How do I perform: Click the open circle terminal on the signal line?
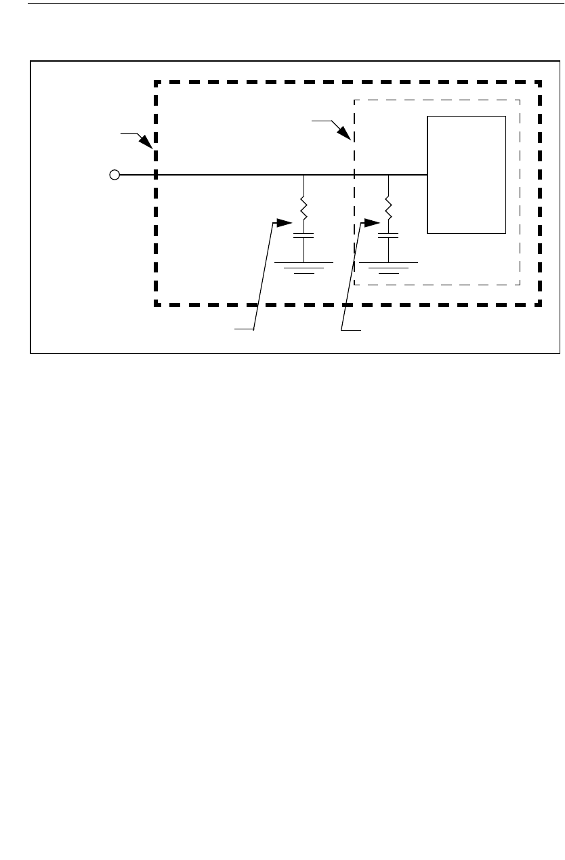114,176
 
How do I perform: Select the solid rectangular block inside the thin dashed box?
466,175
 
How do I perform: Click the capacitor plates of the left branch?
304,237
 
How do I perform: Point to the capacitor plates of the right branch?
388,237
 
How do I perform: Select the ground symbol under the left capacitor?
304,267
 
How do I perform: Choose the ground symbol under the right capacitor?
388,267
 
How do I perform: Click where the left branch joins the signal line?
304,176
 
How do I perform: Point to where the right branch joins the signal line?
388,176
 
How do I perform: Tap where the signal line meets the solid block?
427,176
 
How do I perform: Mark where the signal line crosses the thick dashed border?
156,176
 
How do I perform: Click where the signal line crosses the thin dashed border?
354,176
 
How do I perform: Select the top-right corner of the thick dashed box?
540,83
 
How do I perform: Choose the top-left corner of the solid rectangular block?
427,117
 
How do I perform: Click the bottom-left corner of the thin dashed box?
354,285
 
